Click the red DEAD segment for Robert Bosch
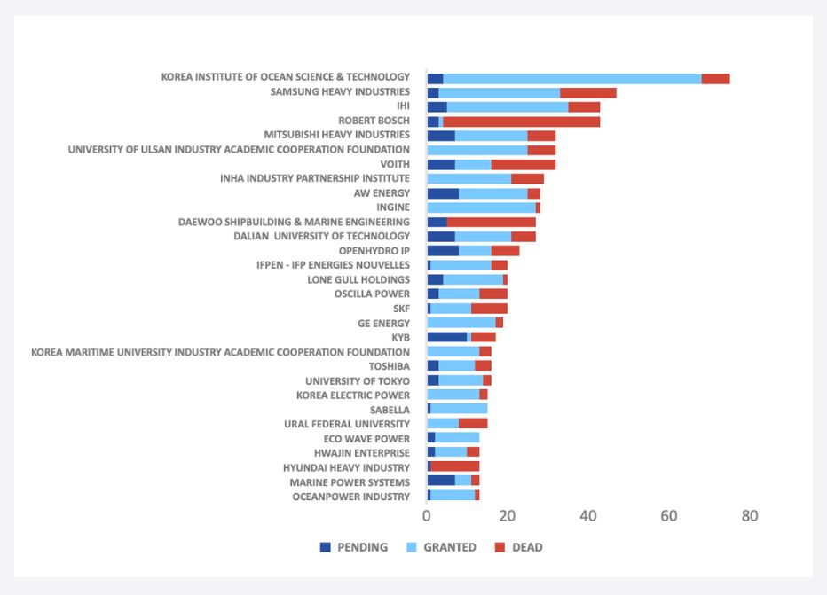tap(521, 121)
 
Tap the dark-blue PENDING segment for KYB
tap(446, 337)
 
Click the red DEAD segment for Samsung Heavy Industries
tap(587, 92)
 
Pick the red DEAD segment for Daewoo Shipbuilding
tap(492, 222)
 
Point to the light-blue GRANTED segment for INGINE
tap(481, 207)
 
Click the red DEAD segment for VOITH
tap(524, 165)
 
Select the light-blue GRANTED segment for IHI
tap(508, 106)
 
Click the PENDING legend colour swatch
tap(326, 547)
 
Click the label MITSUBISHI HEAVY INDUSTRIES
tap(337, 135)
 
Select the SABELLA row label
tap(390, 410)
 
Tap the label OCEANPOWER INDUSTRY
tap(351, 497)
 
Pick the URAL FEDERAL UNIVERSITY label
tap(347, 424)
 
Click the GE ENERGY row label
tap(383, 324)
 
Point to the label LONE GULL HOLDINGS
tap(358, 279)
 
